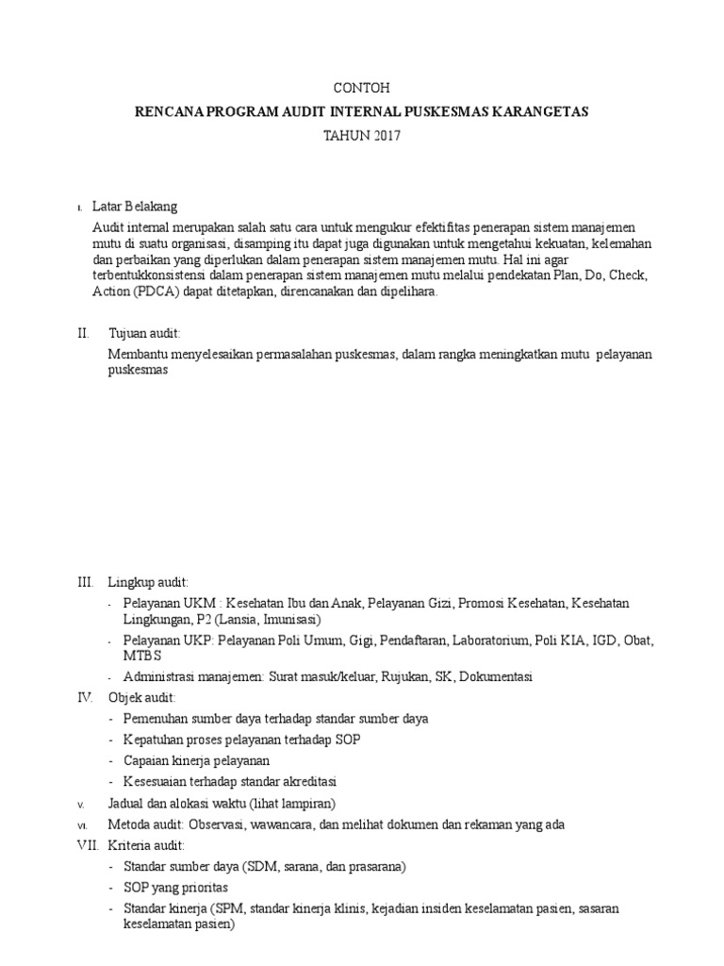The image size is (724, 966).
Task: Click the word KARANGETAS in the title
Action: pos(543,111)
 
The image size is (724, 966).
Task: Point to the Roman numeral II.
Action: pos(83,333)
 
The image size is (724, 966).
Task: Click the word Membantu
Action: pos(139,354)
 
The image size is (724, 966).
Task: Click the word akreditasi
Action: pos(306,781)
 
